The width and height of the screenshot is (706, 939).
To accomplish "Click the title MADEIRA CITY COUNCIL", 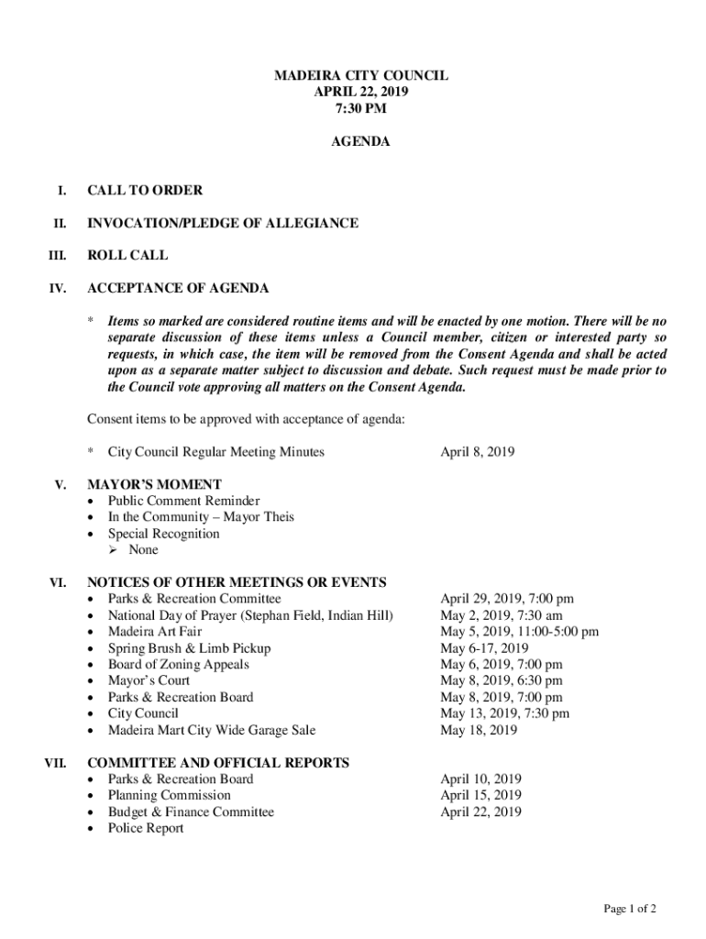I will click(x=361, y=76).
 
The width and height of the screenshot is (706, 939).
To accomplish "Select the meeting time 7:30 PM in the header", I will click(x=361, y=109).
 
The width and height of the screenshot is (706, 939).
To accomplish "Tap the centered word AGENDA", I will click(x=361, y=142).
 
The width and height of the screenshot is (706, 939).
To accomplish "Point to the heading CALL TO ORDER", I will click(x=145, y=191).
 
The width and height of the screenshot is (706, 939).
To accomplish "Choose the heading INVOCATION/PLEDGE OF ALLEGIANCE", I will click(x=222, y=223).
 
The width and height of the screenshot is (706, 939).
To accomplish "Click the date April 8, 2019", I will click(x=477, y=451).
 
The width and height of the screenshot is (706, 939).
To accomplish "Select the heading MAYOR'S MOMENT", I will click(x=154, y=484).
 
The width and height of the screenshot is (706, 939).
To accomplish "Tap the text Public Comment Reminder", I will click(x=183, y=501).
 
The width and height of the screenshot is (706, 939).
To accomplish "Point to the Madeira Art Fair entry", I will click(x=155, y=632).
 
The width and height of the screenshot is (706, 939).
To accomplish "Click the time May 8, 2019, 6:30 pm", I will click(x=501, y=680).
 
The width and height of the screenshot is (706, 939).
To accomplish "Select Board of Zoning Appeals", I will click(x=178, y=665).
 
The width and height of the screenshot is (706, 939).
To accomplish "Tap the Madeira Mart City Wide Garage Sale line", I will click(x=212, y=730).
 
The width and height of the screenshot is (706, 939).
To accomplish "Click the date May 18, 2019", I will click(x=479, y=730).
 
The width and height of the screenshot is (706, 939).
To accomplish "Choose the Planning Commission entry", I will click(x=170, y=795).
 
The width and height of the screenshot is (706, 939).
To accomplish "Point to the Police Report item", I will click(x=146, y=828).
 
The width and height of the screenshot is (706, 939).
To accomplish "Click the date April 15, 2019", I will click(x=480, y=795).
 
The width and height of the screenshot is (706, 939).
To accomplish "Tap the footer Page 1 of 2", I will click(x=629, y=909).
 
